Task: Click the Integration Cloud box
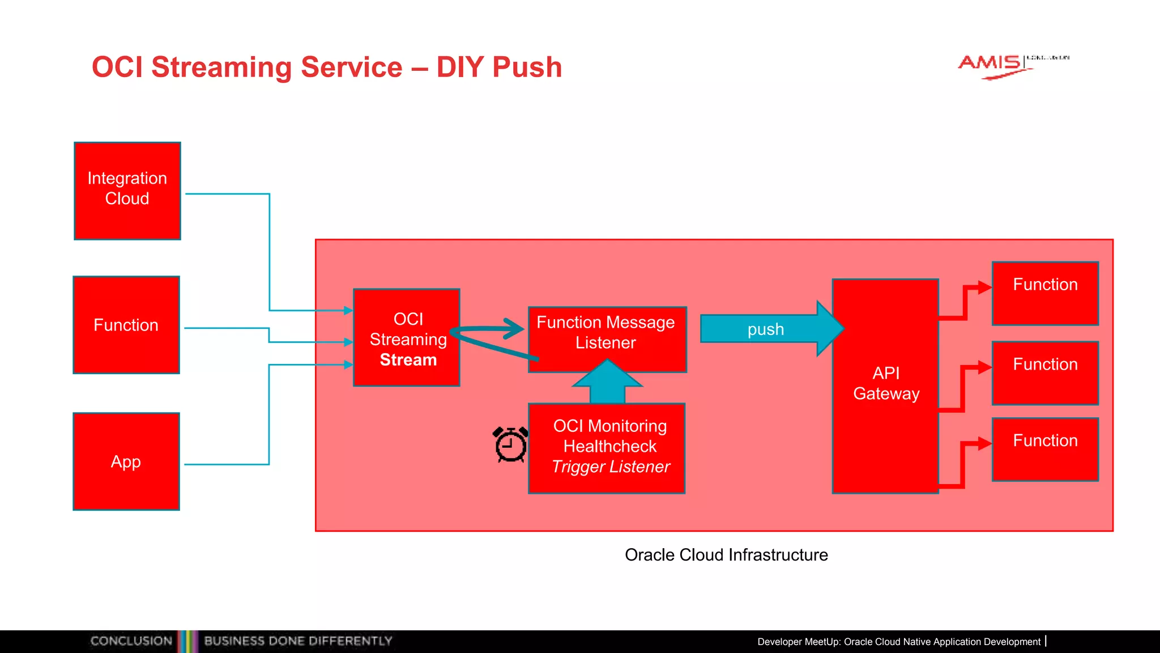[x=127, y=190]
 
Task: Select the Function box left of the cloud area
[x=126, y=325]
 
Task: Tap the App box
[x=126, y=461]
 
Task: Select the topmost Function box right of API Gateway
[x=1045, y=293]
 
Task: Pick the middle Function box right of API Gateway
[x=1045, y=372]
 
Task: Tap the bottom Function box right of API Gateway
[x=1045, y=449]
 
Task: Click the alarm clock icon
[x=511, y=444]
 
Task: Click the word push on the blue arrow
[x=765, y=329]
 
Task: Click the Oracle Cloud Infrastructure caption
[x=726, y=554]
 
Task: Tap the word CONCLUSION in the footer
[x=131, y=641]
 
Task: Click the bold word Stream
[x=408, y=360]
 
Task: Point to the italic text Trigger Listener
[x=611, y=467]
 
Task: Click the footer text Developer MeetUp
[x=798, y=642]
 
